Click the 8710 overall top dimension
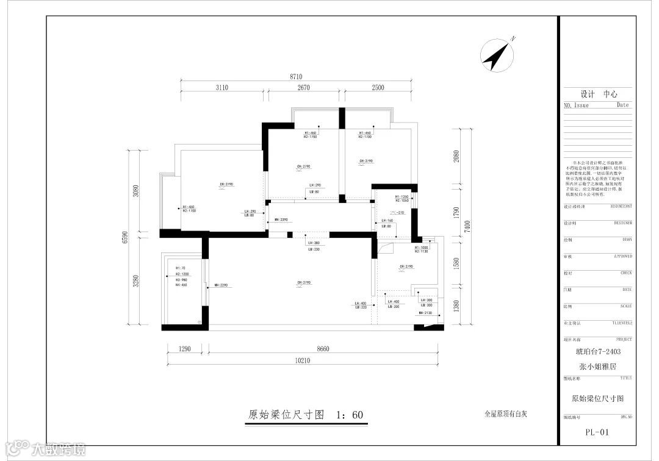pos(296,77)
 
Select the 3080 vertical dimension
pos(137,190)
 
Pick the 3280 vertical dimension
pos(137,281)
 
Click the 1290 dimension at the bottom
pos(185,349)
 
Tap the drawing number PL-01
pos(596,432)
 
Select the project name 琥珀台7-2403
pos(597,352)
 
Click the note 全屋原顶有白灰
pos(505,413)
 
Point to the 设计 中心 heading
pos(599,95)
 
